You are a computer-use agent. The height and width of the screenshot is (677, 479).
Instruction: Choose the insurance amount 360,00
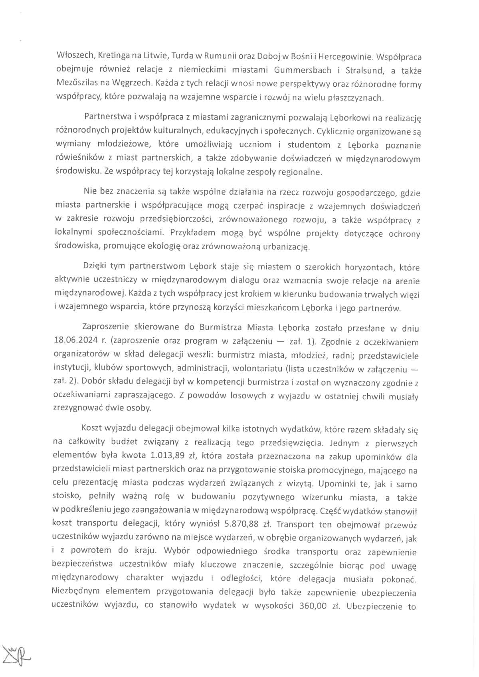click(313, 606)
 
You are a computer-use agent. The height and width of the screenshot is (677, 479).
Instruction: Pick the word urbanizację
click(285, 247)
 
